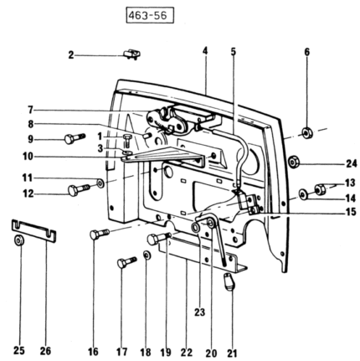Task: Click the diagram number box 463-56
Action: tap(150, 15)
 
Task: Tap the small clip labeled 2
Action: tap(131, 54)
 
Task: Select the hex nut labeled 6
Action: tap(307, 132)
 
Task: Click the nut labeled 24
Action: tap(294, 162)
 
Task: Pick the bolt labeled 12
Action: tap(79, 189)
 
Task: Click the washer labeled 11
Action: tap(100, 183)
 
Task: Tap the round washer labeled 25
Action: tap(18, 240)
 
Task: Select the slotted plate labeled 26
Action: tap(33, 230)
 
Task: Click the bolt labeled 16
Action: tap(100, 233)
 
